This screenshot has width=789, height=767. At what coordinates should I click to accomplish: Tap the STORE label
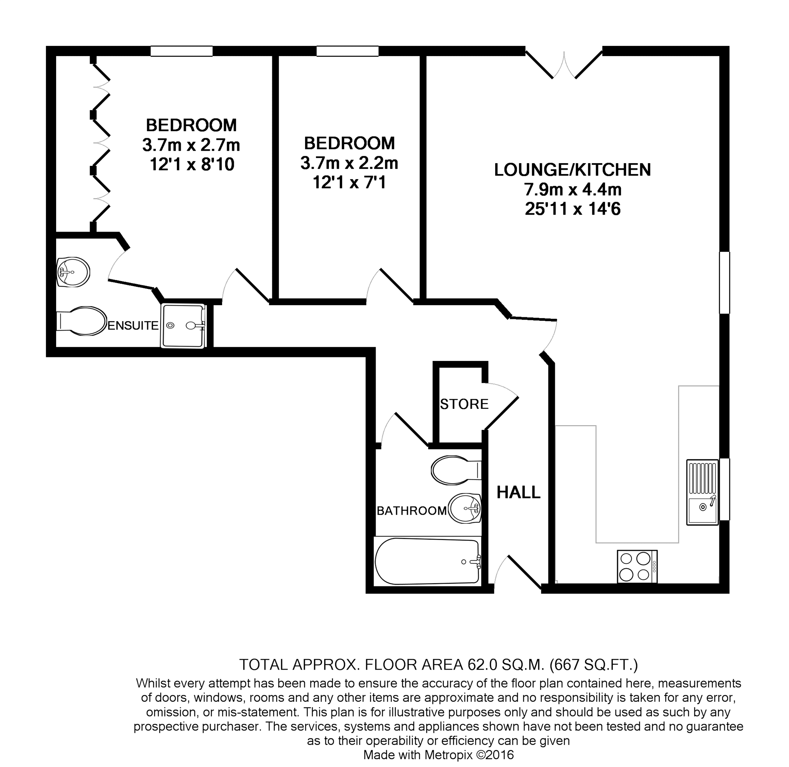(464, 404)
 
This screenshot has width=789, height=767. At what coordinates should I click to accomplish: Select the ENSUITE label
(132, 325)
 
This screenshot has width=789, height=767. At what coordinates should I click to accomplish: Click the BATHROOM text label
(411, 511)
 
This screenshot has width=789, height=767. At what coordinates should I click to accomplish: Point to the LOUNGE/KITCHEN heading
(572, 170)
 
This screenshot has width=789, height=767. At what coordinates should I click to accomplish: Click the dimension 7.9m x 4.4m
(572, 189)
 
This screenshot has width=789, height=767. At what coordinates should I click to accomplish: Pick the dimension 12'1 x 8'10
(192, 164)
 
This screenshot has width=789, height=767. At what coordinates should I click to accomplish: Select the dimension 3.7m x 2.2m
(349, 163)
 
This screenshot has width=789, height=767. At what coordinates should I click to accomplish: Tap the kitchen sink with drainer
(703, 492)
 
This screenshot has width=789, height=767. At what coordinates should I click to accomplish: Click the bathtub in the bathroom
(427, 561)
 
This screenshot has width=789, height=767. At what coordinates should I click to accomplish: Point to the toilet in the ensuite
(83, 321)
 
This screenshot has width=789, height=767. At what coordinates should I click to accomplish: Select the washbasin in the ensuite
(73, 272)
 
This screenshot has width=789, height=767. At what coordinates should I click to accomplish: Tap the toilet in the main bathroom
(455, 470)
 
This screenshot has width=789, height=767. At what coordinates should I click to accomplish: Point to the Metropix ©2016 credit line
(438, 755)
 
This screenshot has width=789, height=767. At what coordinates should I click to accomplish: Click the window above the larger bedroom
(182, 51)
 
